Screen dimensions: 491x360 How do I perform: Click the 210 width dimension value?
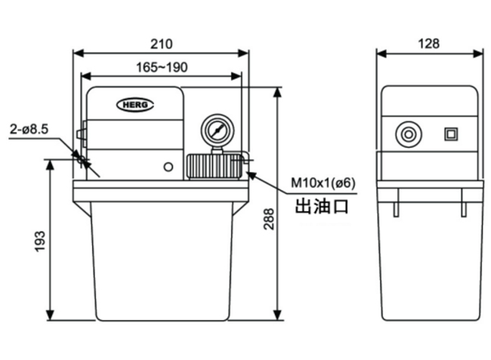click(161, 44)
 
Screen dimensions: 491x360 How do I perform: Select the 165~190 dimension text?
click(162, 67)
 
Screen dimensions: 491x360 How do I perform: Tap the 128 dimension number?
click(429, 44)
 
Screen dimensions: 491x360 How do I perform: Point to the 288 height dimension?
click(268, 219)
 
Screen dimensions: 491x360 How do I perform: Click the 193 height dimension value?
click(40, 242)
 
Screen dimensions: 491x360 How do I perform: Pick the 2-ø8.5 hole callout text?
click(29, 129)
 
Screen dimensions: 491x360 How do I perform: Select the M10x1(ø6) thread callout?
click(323, 183)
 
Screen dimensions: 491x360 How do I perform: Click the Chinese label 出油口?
click(322, 207)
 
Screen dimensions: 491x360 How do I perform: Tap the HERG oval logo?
click(135, 105)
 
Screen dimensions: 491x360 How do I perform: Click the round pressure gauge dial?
click(218, 131)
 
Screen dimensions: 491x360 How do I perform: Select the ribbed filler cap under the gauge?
click(215, 166)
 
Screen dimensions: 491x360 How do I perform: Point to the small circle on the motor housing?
click(168, 167)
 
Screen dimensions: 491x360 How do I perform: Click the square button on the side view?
click(451, 134)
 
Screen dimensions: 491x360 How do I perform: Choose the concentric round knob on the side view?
click(409, 134)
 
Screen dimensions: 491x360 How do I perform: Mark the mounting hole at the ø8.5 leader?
click(81, 160)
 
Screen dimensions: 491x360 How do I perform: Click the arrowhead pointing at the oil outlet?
click(252, 175)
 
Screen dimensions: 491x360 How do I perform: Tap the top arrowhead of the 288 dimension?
click(277, 92)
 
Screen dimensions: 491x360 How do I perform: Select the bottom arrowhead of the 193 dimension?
click(50, 315)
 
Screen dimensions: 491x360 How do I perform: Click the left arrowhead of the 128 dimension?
click(381, 54)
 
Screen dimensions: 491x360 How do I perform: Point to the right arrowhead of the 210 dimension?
click(244, 53)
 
